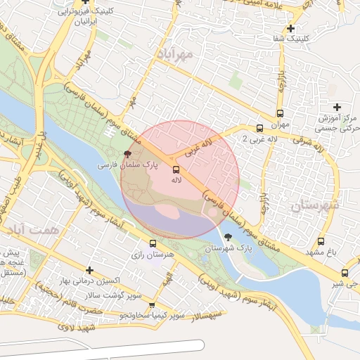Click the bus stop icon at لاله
click(175, 169)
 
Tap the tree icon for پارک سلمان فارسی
click(127, 153)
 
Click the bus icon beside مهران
click(280, 113)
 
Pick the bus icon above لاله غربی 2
click(259, 128)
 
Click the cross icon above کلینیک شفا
click(310, 28)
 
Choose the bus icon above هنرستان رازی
click(153, 243)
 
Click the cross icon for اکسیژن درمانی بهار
click(89, 270)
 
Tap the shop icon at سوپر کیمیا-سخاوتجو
click(152, 305)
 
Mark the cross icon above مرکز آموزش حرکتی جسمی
click(337, 107)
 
